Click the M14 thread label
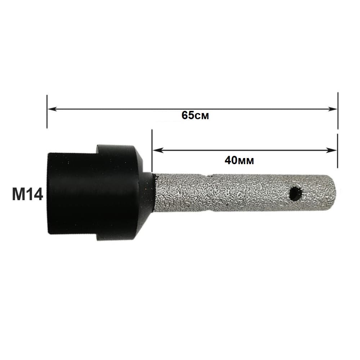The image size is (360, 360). click(x=28, y=194)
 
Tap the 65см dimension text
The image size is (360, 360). click(x=195, y=115)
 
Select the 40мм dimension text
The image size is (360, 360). click(x=239, y=160)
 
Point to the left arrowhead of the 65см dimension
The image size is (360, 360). click(x=52, y=109)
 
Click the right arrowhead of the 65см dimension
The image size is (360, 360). click(x=333, y=109)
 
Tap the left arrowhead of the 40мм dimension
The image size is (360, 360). click(x=158, y=150)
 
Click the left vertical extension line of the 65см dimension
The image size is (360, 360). click(x=47, y=111)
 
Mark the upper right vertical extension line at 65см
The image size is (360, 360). click(x=338, y=111)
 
